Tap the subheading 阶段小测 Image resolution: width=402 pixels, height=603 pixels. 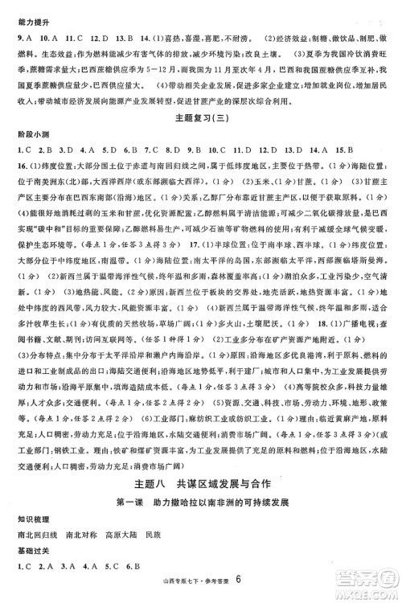click(x=23, y=133)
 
